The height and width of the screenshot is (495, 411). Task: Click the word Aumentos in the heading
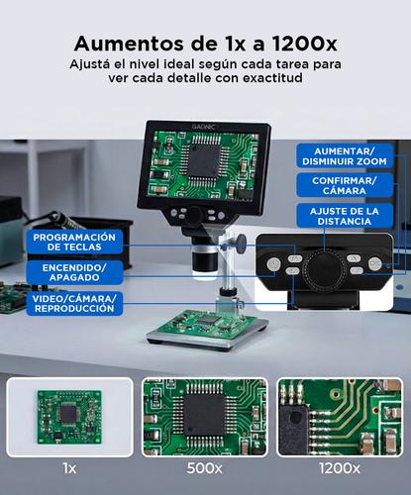(x=127, y=44)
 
